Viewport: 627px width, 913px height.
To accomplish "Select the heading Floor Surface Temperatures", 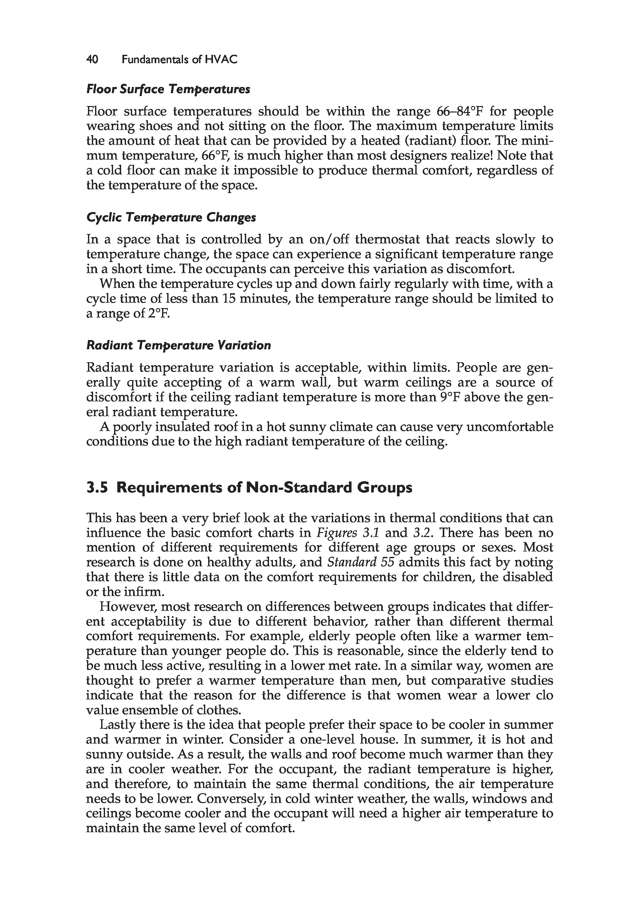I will coord(168,89).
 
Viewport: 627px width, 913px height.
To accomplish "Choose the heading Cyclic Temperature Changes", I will coord(171,217).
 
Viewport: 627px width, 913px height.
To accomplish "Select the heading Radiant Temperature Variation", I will coord(178,345).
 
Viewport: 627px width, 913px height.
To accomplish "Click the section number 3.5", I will coord(97,488).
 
